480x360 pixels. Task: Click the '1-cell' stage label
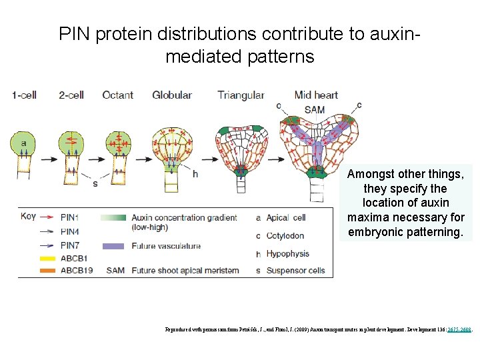coord(24,95)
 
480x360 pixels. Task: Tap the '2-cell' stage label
coord(71,95)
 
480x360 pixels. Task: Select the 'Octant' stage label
coord(117,95)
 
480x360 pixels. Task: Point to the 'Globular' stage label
coord(172,95)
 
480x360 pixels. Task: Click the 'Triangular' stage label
coord(241,95)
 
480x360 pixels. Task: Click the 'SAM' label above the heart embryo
coord(314,109)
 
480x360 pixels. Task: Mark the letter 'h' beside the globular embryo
coord(195,174)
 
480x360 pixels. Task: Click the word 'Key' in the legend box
coord(28,216)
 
